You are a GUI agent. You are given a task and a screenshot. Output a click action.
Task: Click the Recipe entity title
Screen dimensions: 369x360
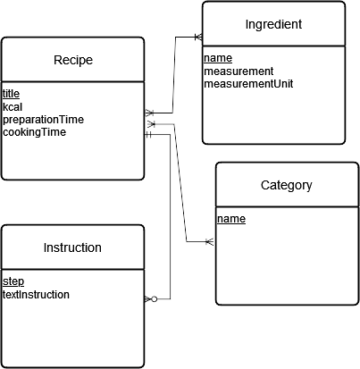[73, 61]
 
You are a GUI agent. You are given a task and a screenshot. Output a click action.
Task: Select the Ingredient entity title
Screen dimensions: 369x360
[272, 24]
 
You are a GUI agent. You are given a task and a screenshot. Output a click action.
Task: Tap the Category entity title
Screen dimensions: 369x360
[286, 186]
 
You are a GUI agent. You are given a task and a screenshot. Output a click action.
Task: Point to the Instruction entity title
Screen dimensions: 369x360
[72, 247]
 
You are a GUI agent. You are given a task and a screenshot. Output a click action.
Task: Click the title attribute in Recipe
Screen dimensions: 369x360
[11, 94]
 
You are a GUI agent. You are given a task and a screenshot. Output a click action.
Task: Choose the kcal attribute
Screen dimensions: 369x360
[13, 106]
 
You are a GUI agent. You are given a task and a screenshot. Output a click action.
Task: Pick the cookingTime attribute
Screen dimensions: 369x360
[28, 131]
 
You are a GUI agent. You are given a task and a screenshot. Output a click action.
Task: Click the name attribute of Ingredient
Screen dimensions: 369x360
[217, 58]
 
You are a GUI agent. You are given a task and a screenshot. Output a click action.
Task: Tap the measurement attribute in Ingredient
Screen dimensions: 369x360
[239, 71]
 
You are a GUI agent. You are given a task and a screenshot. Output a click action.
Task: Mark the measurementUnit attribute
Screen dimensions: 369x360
[248, 83]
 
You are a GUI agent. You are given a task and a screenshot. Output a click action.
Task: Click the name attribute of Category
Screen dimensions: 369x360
[230, 218]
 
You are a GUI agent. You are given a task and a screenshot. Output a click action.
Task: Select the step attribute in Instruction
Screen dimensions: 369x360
[13, 281]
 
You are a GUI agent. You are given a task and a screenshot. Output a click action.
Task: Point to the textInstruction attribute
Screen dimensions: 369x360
[37, 294]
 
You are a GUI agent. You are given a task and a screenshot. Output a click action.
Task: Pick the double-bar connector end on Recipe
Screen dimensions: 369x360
[150, 136]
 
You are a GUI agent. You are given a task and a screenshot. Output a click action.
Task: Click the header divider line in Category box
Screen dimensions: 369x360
[287, 208]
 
